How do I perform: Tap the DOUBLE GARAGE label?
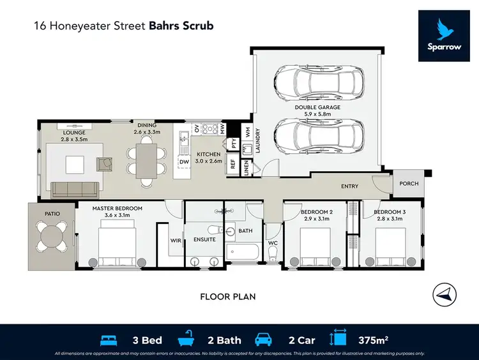(x=317, y=107)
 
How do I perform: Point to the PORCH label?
(x=409, y=184)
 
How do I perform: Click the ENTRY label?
(x=349, y=186)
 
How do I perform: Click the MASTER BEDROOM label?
(x=117, y=209)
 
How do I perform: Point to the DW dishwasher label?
(x=184, y=162)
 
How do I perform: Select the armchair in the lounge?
(x=104, y=164)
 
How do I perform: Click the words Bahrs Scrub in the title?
(x=181, y=26)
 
